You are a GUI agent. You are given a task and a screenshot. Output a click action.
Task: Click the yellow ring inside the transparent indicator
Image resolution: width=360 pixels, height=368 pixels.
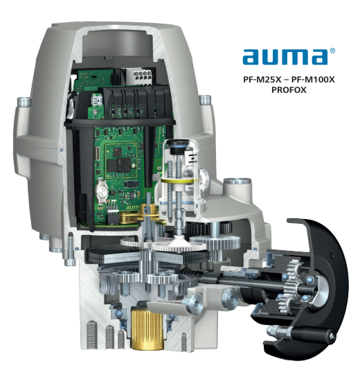(x=181, y=185)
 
